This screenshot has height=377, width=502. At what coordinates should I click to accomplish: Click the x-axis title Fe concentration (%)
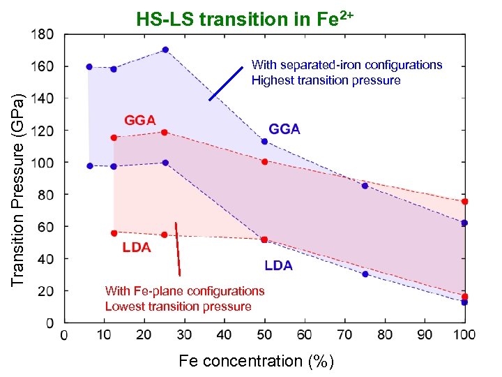(257, 361)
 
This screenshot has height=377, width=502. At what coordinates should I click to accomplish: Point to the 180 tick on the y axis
(44, 34)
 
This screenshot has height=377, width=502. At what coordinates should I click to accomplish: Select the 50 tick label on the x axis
(264, 335)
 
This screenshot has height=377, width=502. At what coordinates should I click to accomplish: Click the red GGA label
(139, 119)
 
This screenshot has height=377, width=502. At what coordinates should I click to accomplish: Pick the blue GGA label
(284, 129)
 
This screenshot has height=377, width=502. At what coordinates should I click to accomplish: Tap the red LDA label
(137, 246)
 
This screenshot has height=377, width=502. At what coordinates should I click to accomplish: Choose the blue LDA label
(278, 265)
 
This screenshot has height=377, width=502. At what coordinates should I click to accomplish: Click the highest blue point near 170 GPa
(165, 50)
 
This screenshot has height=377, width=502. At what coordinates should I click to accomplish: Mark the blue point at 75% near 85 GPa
(365, 186)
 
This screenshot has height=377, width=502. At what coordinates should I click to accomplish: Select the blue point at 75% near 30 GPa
(365, 274)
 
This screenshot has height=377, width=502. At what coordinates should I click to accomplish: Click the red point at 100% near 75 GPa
(464, 201)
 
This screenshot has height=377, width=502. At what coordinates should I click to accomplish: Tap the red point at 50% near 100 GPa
(264, 162)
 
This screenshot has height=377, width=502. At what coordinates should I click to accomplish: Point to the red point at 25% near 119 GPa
(165, 132)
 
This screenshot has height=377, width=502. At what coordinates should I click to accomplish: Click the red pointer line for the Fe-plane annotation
(178, 249)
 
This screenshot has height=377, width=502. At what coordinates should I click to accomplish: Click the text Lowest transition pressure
(178, 306)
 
